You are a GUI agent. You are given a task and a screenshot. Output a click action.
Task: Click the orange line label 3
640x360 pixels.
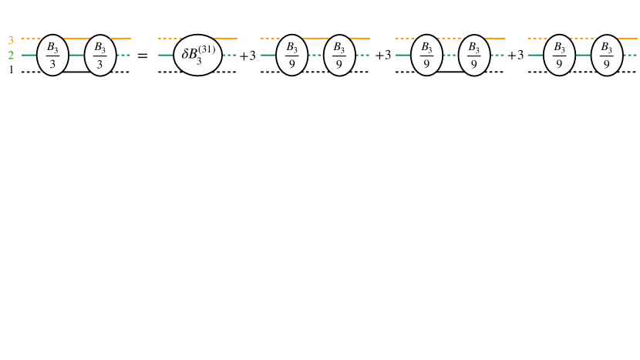tap(11, 39)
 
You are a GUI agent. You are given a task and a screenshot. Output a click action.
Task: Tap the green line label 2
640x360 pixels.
tap(11, 56)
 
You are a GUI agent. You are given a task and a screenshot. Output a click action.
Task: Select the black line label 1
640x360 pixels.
tap(11, 71)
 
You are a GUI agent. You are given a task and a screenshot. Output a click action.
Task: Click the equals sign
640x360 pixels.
tap(142, 56)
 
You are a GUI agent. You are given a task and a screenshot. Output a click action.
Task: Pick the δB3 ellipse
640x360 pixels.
tap(198, 56)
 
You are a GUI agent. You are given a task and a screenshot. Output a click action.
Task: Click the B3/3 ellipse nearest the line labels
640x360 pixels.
tap(52, 56)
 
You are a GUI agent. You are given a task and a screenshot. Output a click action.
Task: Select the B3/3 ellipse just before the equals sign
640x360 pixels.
tap(100, 56)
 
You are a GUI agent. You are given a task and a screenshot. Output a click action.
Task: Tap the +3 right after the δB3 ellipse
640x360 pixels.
tap(248, 56)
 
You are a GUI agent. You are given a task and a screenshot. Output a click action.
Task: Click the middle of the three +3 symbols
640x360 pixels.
tap(383, 56)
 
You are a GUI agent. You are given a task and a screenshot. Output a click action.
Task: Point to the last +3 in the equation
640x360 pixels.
tap(516, 56)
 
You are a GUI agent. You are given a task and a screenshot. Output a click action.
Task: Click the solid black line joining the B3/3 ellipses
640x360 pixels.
tap(76, 72)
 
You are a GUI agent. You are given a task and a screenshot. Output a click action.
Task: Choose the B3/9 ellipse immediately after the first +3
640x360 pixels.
tap(291, 56)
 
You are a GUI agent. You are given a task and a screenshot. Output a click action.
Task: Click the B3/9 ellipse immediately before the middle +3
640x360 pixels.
tap(339, 56)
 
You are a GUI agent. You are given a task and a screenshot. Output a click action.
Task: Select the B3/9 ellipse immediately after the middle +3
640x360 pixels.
tap(426, 56)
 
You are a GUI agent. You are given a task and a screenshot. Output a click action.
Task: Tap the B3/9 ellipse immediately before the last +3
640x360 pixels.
tap(474, 56)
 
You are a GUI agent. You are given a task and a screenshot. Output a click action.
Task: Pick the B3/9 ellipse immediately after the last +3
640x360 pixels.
tap(559, 56)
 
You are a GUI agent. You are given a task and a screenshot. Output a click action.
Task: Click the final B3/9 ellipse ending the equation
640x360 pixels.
tap(607, 56)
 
